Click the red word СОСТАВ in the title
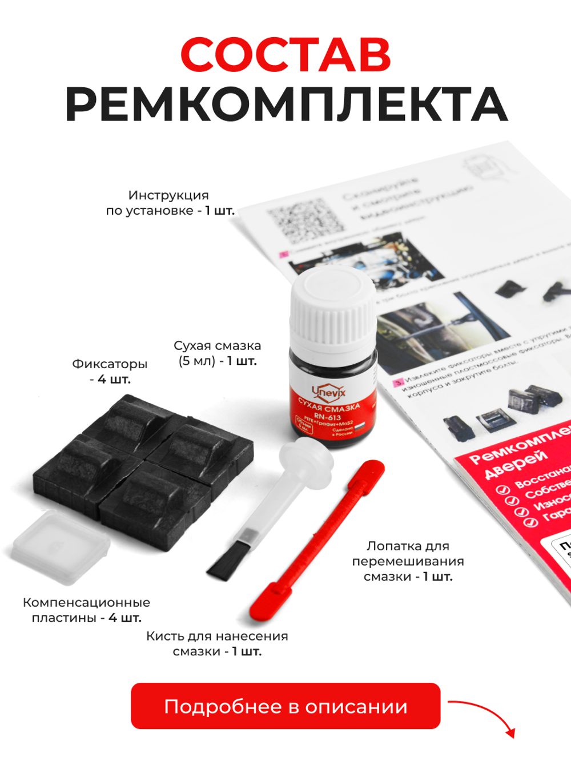[285, 55]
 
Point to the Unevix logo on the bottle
[329, 392]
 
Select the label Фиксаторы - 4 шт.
[110, 371]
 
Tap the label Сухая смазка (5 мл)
[217, 353]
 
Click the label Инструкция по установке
[170, 203]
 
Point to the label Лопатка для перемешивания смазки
[408, 561]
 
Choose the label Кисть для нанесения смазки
[217, 643]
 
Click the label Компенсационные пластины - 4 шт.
[86, 610]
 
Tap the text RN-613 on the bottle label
[327, 417]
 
